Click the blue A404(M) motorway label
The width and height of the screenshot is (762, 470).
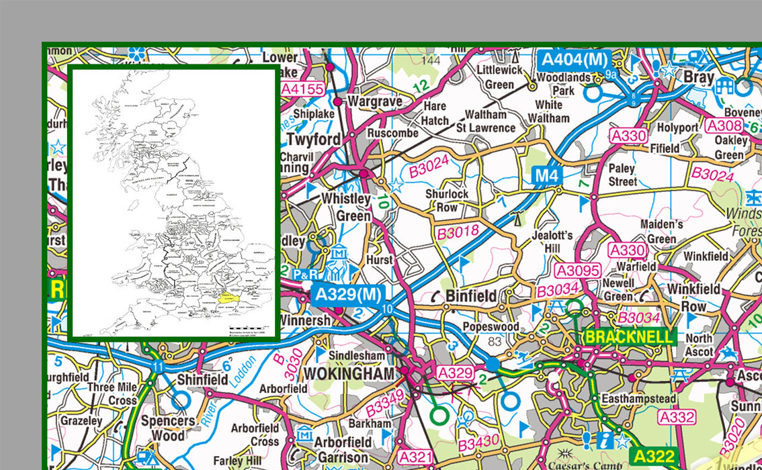[573, 60]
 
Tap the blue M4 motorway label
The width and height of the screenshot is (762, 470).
[546, 177]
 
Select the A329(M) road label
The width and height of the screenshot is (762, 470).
[349, 294]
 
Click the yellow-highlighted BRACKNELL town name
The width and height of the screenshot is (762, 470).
[628, 337]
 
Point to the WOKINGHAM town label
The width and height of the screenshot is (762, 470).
[348, 372]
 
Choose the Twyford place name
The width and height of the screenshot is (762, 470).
[313, 140]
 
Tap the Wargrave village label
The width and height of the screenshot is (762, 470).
[374, 102]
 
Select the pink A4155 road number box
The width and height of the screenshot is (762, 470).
[302, 89]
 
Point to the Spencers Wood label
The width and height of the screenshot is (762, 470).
[168, 428]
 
